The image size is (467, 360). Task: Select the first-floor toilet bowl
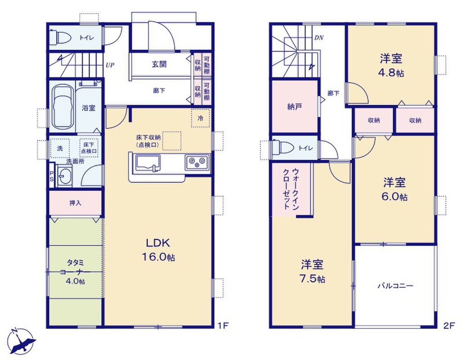(x=60, y=37)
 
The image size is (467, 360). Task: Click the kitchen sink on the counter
(x=148, y=163)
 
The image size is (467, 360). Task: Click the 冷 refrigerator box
(x=201, y=118)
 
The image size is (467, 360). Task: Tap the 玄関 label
(x=159, y=64)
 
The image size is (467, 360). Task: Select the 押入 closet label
(x=75, y=203)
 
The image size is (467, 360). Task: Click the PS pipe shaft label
(x=52, y=176)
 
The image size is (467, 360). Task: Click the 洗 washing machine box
(x=60, y=148)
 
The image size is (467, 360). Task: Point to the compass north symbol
(x=21, y=342)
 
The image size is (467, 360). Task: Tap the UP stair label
(x=110, y=65)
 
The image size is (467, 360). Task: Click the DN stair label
(x=319, y=38)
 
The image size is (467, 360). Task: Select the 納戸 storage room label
(x=295, y=107)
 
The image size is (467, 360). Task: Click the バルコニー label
(x=395, y=286)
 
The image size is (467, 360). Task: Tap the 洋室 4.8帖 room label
(x=391, y=65)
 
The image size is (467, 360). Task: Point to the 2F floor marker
(x=449, y=326)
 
